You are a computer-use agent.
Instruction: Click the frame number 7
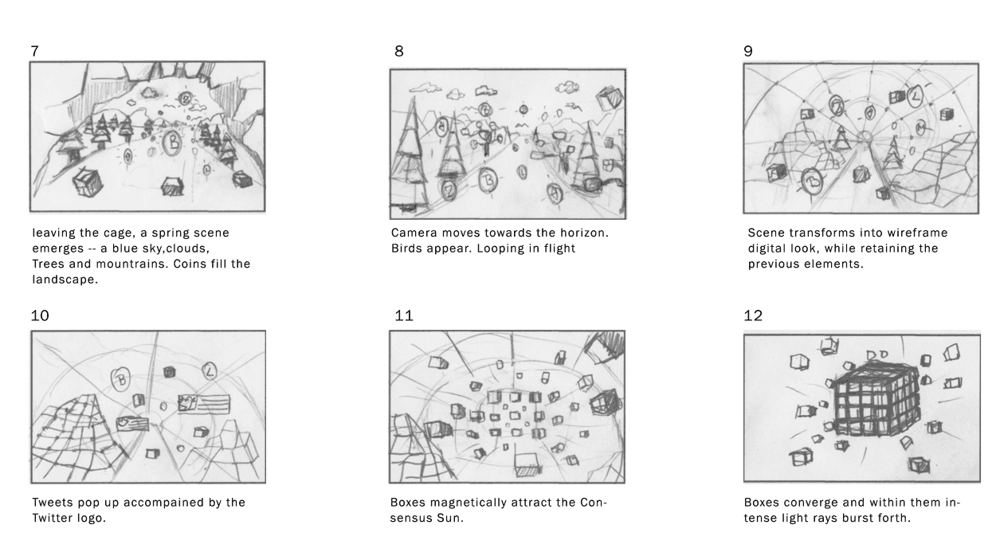click(x=35, y=51)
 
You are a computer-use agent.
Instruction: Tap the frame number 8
click(x=399, y=51)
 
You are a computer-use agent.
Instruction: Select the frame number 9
click(x=748, y=51)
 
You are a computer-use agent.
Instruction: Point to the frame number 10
click(x=40, y=315)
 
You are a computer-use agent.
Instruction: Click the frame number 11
click(x=404, y=315)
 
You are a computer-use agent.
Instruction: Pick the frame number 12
click(x=753, y=315)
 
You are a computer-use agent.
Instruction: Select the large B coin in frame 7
click(x=173, y=143)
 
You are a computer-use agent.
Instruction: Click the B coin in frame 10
click(x=120, y=379)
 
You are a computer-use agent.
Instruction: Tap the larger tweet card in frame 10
click(x=204, y=404)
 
